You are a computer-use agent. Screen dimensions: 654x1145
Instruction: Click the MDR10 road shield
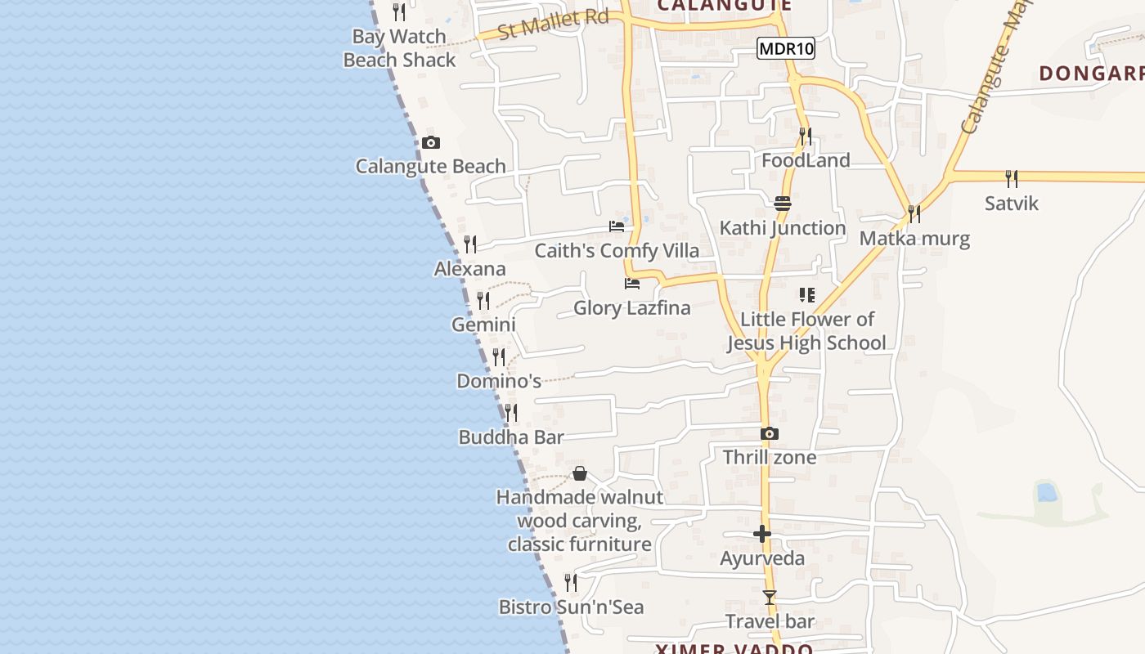point(786,49)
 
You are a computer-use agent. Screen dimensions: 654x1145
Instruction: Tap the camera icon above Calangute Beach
point(431,143)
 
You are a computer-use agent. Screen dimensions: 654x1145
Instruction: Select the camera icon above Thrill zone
point(769,434)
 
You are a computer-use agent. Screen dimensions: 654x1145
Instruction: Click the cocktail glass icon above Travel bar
point(769,598)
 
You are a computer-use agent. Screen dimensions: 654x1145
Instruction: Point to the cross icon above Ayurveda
point(762,535)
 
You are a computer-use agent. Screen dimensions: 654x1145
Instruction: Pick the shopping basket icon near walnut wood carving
point(580,473)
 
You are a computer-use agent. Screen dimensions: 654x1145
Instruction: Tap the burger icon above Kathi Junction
point(783,204)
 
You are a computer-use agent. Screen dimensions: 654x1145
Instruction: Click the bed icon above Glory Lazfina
point(632,284)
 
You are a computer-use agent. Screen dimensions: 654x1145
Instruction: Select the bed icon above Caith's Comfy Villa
point(617,226)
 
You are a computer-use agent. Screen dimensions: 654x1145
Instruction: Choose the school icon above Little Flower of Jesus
point(807,295)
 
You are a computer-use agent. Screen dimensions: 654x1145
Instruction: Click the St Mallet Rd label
point(554,24)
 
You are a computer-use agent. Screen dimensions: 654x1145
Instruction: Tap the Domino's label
point(499,381)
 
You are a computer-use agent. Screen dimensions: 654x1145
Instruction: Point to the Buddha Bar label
point(511,437)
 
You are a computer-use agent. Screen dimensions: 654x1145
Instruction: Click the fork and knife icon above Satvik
point(1012,179)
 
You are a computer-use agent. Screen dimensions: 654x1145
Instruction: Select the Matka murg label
point(914,239)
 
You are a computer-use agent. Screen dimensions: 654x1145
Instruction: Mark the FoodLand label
point(806,160)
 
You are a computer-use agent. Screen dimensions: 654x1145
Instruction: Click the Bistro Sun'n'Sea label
point(572,607)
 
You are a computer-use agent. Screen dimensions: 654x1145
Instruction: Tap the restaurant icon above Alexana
point(470,244)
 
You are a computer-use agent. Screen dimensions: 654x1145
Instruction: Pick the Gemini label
point(483,325)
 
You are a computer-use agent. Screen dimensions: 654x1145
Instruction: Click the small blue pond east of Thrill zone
point(1045,492)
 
